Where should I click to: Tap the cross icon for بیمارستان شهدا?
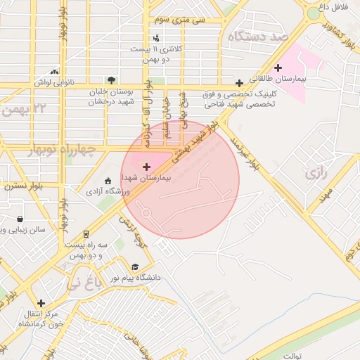[146, 167]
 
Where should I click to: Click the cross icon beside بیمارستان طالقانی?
[278, 68]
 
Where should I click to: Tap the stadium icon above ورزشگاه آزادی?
[107, 180]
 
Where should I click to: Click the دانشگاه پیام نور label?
[134, 278]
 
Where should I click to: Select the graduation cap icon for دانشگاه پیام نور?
[134, 266]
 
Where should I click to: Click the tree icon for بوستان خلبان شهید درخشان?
[110, 80]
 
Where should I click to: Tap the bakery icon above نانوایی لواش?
[55, 71]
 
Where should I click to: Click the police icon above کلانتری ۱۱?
[156, 38]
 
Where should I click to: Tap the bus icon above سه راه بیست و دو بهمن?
[86, 233]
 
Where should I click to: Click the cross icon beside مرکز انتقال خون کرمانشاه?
[41, 303]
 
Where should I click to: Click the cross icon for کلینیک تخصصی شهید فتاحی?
[239, 82]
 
